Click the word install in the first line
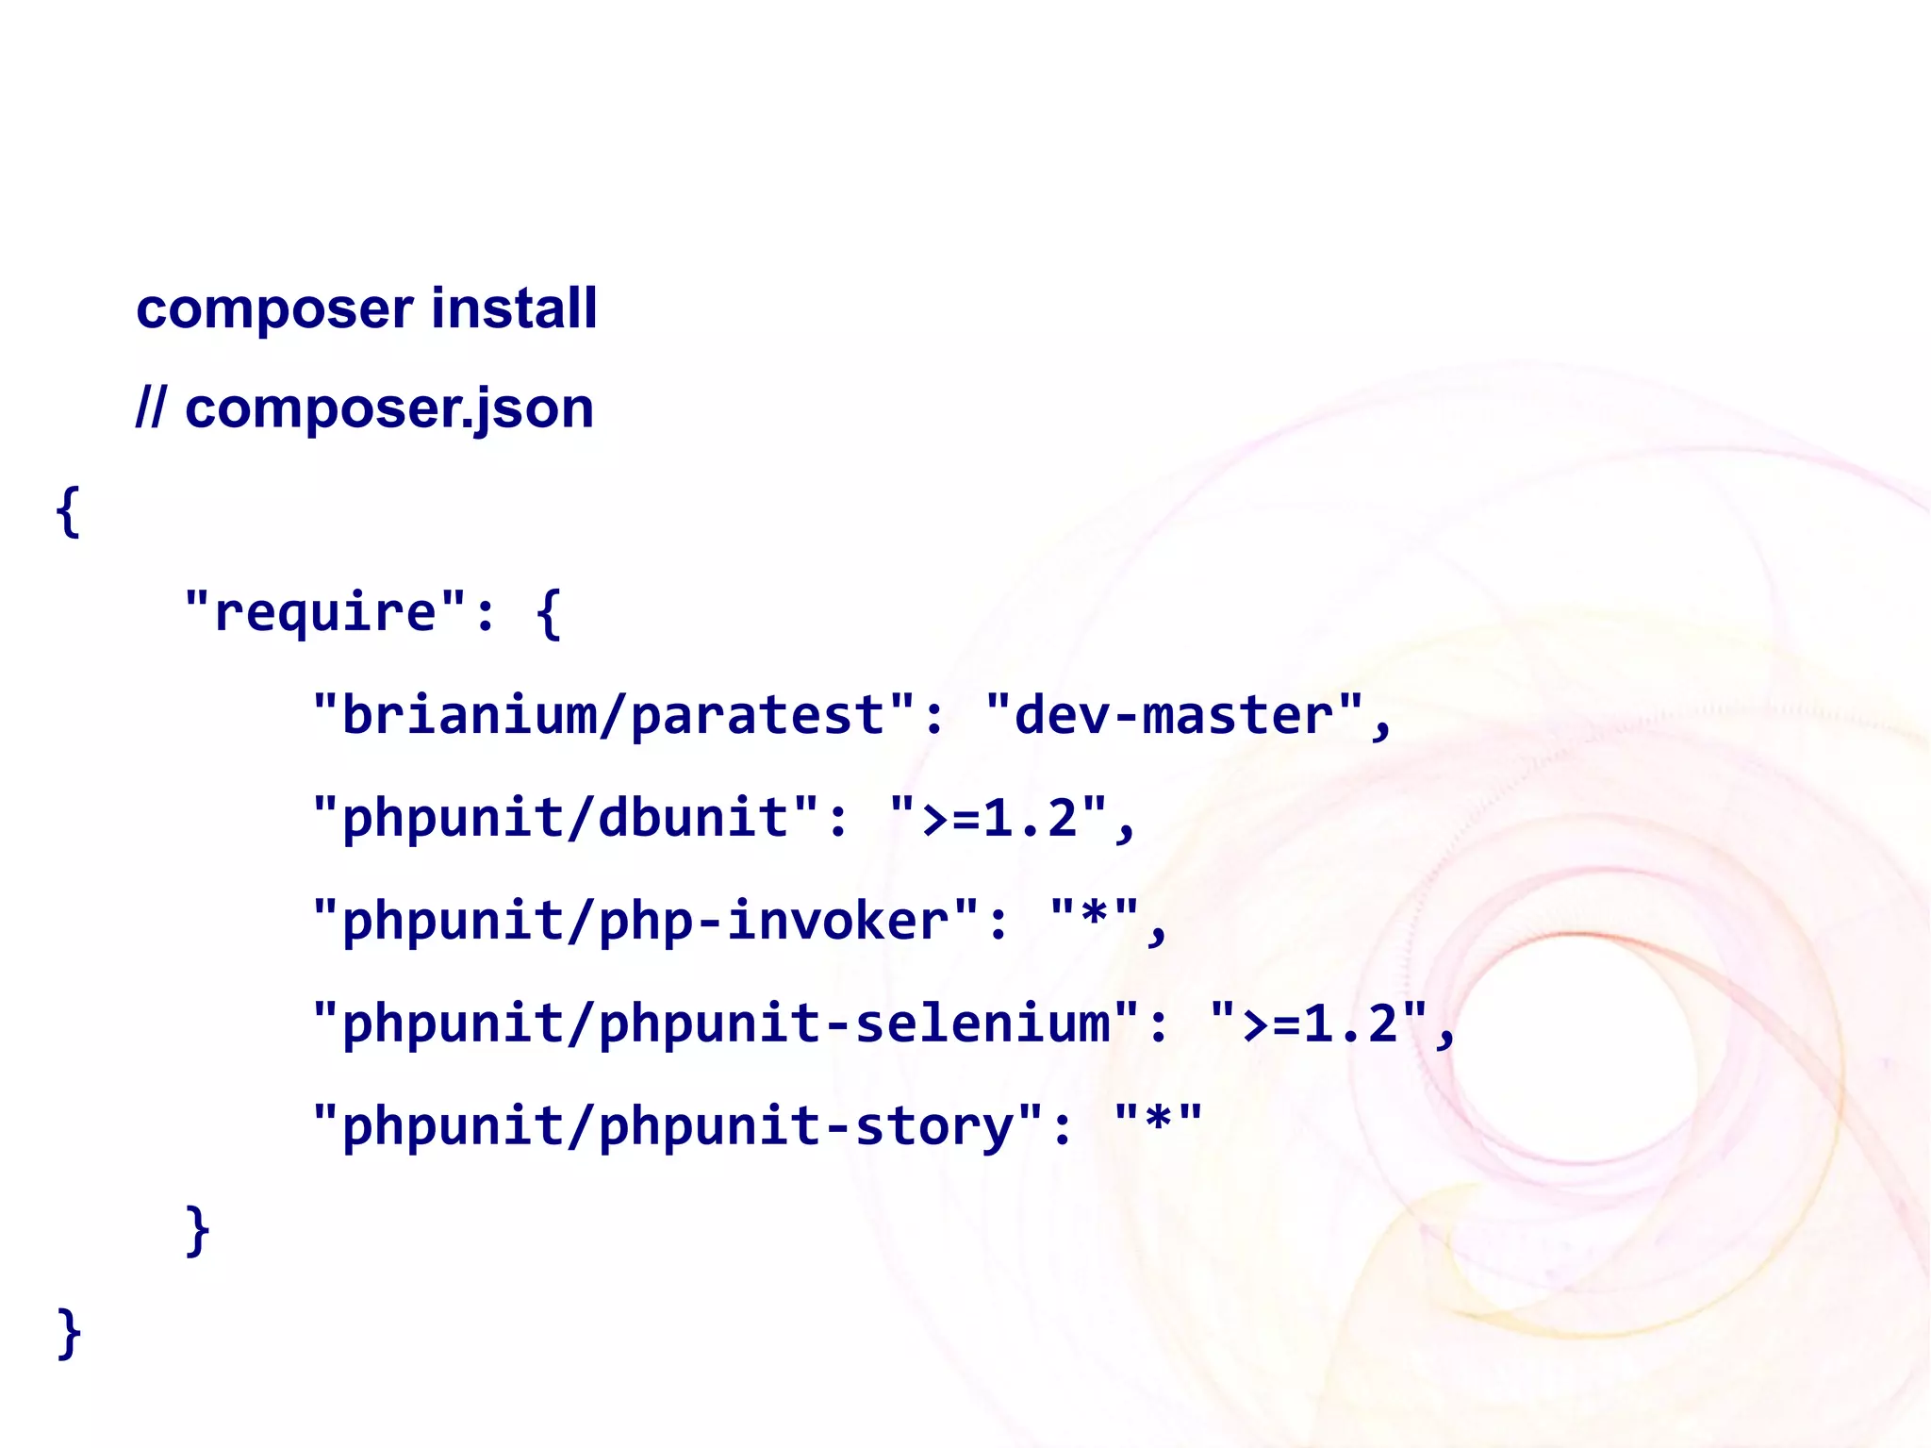514,308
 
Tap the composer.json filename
389,409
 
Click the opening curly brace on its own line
68,512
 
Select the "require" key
324,612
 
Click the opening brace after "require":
548,614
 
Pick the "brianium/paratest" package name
614,715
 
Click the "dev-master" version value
1174,715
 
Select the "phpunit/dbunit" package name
566,817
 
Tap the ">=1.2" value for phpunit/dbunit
999,817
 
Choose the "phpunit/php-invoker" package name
646,920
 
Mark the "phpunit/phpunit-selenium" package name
726,1023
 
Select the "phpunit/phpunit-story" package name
678,1125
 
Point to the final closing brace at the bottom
69,1333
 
